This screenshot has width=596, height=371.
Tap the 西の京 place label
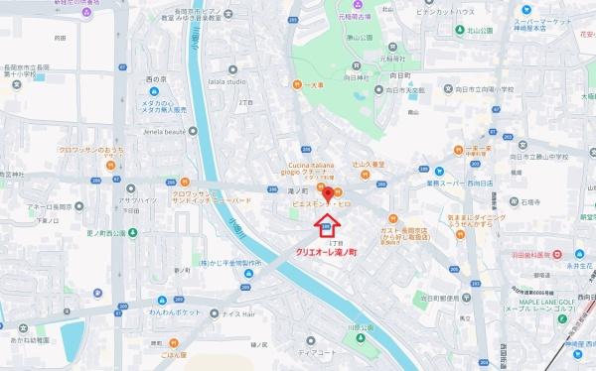pos(157,77)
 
